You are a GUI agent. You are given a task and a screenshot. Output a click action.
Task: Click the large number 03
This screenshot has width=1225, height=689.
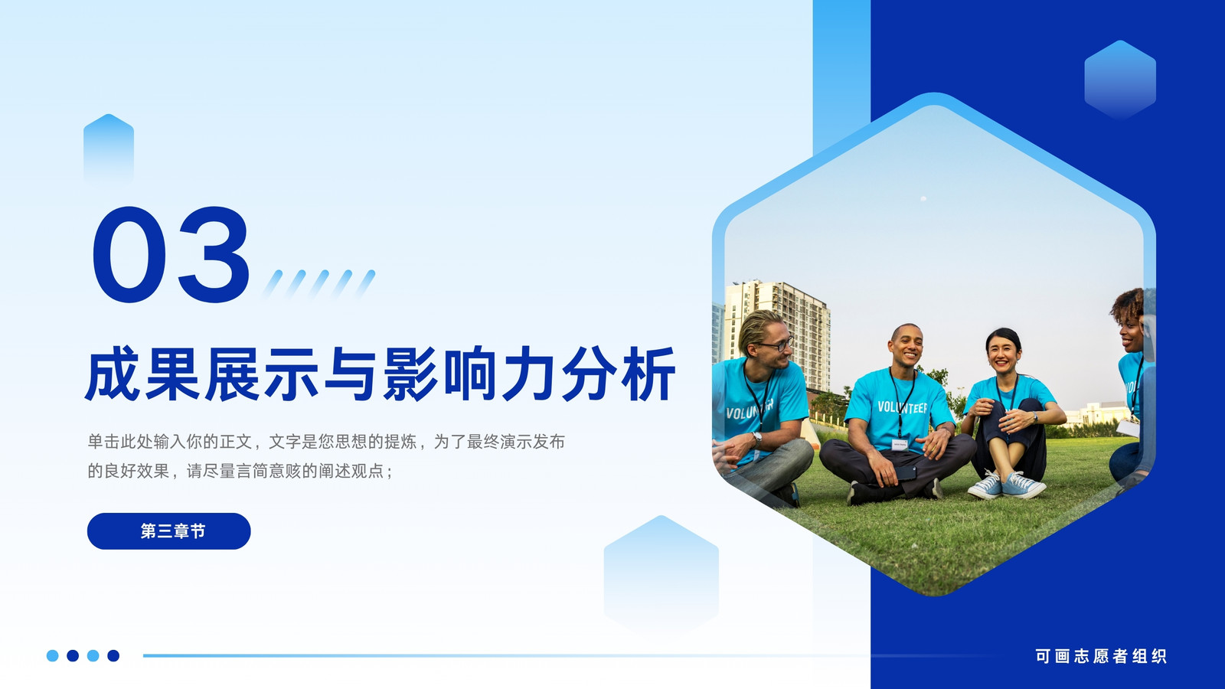pyautogui.click(x=171, y=254)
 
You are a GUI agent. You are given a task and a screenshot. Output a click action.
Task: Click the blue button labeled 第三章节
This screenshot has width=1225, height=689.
pyautogui.click(x=169, y=531)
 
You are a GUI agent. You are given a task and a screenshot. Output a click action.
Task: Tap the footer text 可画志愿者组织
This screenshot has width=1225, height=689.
pyautogui.click(x=1100, y=655)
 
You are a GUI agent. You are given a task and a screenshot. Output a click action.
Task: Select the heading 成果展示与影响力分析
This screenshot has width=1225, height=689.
pyautogui.click(x=381, y=374)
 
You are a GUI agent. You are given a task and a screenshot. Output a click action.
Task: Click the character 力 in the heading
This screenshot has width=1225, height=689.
pyautogui.click(x=528, y=374)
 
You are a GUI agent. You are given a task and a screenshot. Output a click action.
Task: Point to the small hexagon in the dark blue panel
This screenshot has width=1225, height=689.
pyautogui.click(x=1120, y=80)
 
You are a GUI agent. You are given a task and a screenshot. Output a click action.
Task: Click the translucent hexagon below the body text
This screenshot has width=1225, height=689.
pyautogui.click(x=661, y=574)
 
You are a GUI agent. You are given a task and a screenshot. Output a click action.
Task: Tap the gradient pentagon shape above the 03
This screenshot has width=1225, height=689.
pyautogui.click(x=108, y=149)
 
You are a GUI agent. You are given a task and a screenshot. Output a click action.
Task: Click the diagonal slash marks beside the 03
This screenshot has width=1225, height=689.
pyautogui.click(x=318, y=284)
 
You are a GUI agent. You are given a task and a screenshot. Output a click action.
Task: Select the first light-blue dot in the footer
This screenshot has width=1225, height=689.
pyautogui.click(x=53, y=655)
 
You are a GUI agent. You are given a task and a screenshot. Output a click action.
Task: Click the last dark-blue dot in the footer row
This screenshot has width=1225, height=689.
pyautogui.click(x=113, y=655)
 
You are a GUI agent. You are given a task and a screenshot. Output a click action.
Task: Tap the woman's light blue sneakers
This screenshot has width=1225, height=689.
pyautogui.click(x=1007, y=485)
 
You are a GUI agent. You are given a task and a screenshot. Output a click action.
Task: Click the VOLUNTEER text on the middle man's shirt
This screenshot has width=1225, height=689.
pyautogui.click(x=903, y=407)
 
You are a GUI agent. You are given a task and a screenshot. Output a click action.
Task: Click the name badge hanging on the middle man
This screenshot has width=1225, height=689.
pyautogui.click(x=900, y=445)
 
